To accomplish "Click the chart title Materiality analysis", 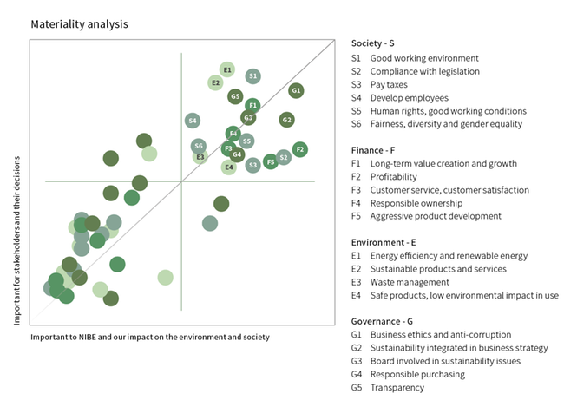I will pyautogui.click(x=79, y=24).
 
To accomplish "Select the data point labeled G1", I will pyautogui.click(x=296, y=90).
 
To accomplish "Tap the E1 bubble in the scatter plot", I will pyautogui.click(x=227, y=69).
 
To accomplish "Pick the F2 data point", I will pyautogui.click(x=300, y=149).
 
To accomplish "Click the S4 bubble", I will pyautogui.click(x=193, y=121).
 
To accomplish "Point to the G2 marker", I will pyautogui.click(x=287, y=120).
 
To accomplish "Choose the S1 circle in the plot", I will pyautogui.click(x=252, y=76).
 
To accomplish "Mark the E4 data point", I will pyautogui.click(x=228, y=167).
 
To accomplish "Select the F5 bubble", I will pyautogui.click(x=271, y=161).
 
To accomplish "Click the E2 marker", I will pyautogui.click(x=215, y=83).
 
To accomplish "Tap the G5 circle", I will pyautogui.click(x=235, y=96).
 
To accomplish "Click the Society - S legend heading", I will pyautogui.click(x=373, y=43).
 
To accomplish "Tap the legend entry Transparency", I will pyautogui.click(x=397, y=387).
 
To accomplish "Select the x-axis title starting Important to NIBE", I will pyautogui.click(x=150, y=337).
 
